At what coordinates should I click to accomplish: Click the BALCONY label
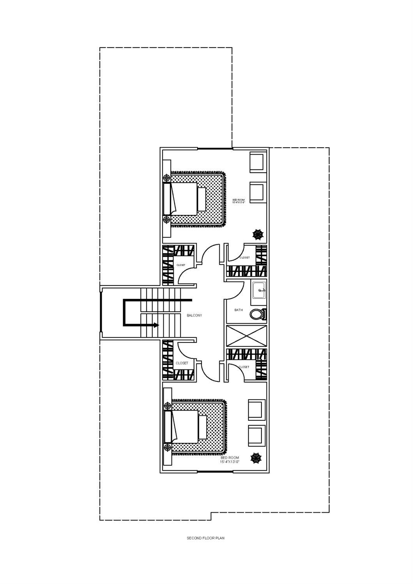click(194, 315)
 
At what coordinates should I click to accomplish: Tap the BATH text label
click(238, 310)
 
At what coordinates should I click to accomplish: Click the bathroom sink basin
click(259, 290)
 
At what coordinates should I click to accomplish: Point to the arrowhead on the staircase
click(157, 325)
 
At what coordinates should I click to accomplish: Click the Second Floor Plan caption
click(205, 538)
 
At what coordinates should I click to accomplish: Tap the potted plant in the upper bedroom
click(258, 234)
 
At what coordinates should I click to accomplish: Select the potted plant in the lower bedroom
click(256, 458)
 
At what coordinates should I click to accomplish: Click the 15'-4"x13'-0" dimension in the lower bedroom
click(229, 462)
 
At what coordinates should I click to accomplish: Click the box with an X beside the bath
click(247, 336)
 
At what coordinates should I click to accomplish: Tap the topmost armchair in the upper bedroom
click(258, 162)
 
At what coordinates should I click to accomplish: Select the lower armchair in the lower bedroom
click(257, 436)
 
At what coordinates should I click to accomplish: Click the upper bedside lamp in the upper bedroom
click(167, 178)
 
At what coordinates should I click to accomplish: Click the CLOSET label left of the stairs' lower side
click(182, 363)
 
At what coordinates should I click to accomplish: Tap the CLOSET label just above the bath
click(244, 258)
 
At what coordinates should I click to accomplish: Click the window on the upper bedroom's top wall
click(215, 148)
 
